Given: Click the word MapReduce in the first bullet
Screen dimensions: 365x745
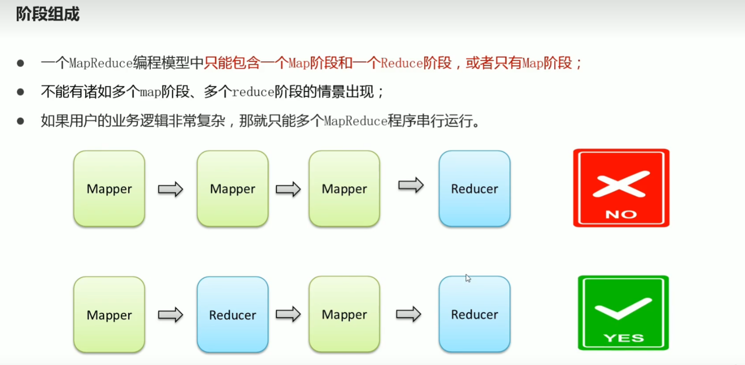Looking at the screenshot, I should [x=101, y=64].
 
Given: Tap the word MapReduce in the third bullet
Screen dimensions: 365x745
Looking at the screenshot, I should [x=355, y=121].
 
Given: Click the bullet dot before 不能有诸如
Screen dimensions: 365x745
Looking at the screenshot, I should [x=20, y=92].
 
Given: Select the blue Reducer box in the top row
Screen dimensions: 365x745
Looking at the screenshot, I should [x=474, y=189].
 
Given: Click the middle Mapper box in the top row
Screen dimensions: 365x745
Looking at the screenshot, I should [x=233, y=189].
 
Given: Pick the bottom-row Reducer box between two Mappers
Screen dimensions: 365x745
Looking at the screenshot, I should [x=233, y=315].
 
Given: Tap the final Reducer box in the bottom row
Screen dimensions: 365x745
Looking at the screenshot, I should [x=474, y=314].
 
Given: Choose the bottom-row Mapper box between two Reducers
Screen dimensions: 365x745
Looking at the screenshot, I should [x=344, y=314].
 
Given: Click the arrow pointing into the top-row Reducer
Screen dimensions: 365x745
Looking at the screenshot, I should [x=411, y=185].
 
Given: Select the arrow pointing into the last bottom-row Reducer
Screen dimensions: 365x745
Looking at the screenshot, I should [x=409, y=314].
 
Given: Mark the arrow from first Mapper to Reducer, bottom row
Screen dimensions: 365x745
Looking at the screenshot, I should [x=170, y=315].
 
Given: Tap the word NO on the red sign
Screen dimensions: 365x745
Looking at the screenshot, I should [x=621, y=214].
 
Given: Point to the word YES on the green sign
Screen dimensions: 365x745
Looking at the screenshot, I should [x=623, y=338].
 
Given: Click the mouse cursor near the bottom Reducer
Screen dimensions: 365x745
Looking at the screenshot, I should [x=468, y=278].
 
